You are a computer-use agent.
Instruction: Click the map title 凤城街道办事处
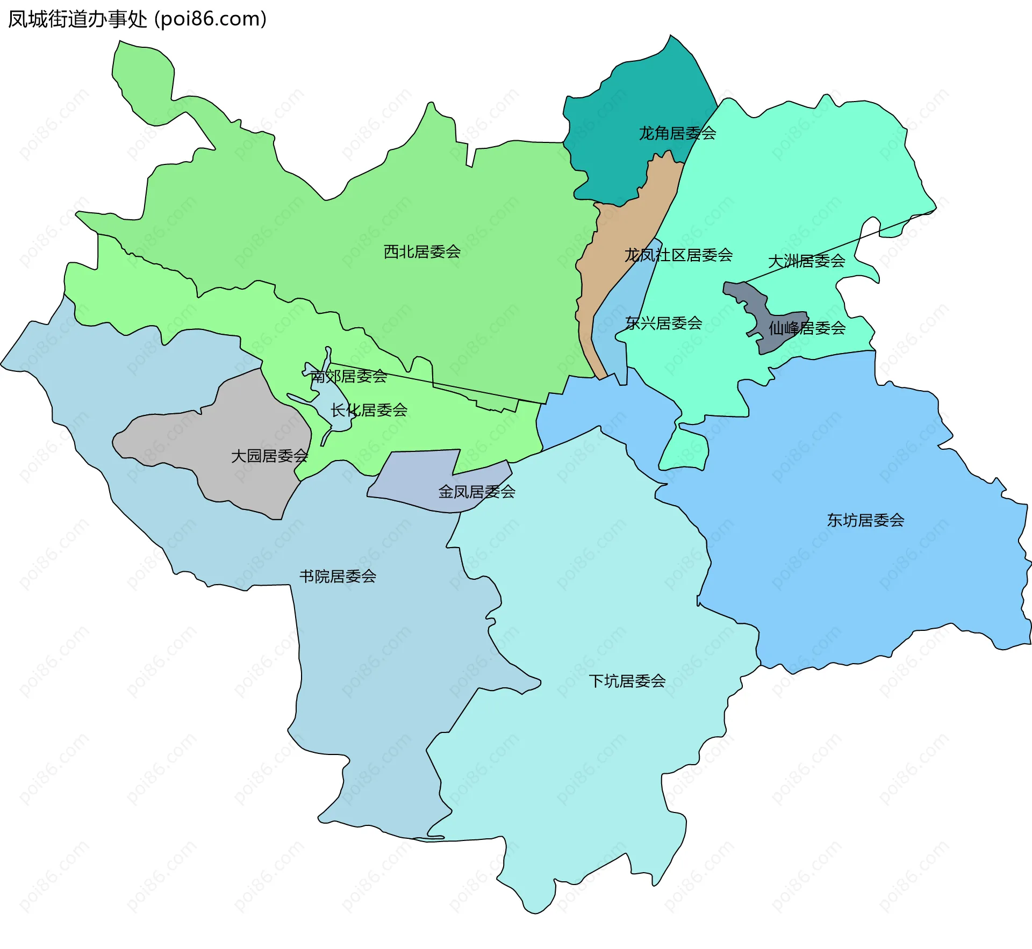[77, 19]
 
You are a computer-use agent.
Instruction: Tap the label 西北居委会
[422, 251]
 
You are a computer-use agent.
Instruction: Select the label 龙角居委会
[677, 133]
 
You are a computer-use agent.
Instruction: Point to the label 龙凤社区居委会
[678, 255]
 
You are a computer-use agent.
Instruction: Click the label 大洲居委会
[806, 261]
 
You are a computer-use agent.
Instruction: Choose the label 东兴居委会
[664, 323]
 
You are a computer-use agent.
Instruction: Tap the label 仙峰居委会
[807, 328]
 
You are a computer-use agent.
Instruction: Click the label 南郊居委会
[348, 376]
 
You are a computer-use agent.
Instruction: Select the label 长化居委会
[369, 410]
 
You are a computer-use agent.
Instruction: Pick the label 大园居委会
[269, 456]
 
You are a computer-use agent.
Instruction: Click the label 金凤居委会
[477, 492]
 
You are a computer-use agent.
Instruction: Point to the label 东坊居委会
[865, 520]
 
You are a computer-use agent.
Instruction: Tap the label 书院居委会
[338, 577]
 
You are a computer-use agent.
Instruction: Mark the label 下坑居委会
[627, 681]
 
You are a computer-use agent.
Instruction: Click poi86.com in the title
[210, 19]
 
